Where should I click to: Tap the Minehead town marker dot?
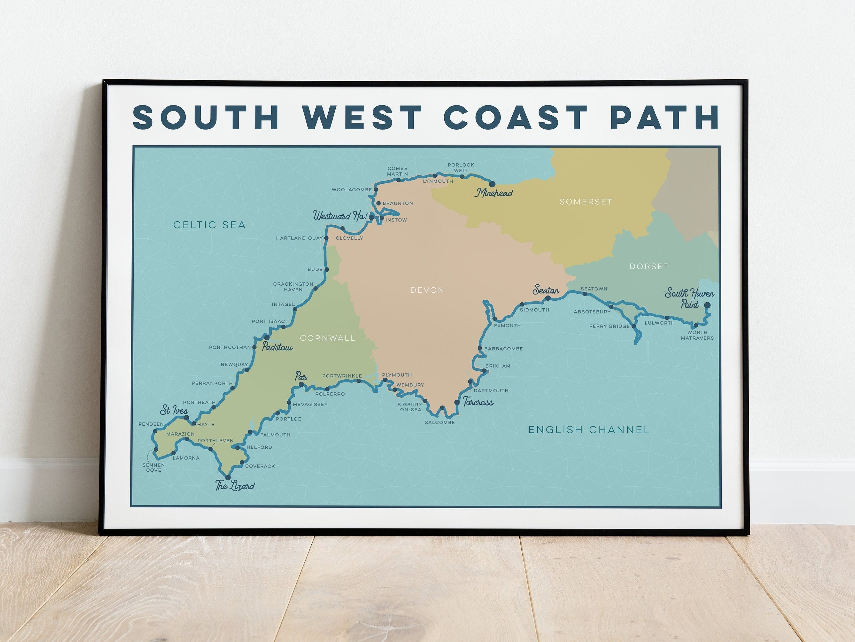tap(492, 184)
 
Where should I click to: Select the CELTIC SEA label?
tap(209, 225)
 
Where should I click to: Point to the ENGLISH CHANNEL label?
tap(589, 430)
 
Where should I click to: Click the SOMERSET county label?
tap(585, 202)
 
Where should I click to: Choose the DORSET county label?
tap(649, 266)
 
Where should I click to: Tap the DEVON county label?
tap(427, 290)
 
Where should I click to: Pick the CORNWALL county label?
tap(327, 338)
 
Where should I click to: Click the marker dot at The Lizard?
tap(228, 478)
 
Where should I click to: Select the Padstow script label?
tap(277, 347)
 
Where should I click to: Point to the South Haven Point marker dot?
tap(707, 305)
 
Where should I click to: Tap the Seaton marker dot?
tap(548, 298)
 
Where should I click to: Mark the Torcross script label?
tap(478, 403)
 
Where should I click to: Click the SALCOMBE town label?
tap(439, 423)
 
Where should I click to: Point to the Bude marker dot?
tap(327, 270)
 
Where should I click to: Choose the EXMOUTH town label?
tap(507, 326)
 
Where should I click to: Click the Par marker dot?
tap(301, 385)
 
